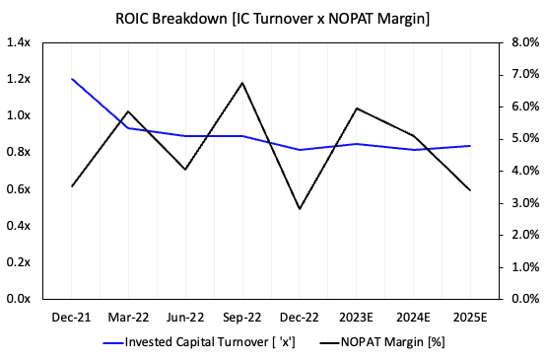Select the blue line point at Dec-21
click(x=71, y=79)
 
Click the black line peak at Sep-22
click(x=242, y=83)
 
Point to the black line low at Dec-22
click(x=300, y=209)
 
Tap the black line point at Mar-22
click(x=128, y=111)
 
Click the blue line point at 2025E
click(x=470, y=146)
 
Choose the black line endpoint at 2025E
click(x=470, y=190)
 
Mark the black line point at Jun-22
click(x=185, y=170)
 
